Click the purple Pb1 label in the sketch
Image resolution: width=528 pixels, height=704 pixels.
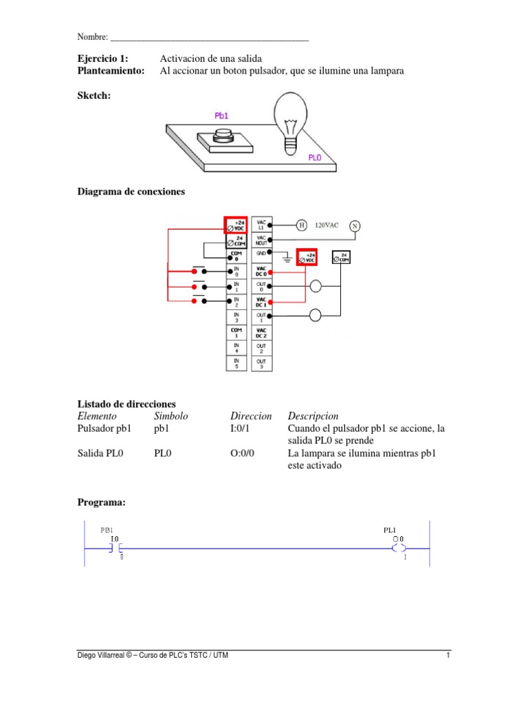pos(221,117)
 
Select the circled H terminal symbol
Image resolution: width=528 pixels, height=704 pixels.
pos(300,225)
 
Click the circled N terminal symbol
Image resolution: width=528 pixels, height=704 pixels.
pos(355,225)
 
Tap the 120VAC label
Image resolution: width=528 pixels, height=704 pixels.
pos(328,225)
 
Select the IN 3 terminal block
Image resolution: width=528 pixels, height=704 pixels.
pos(236,317)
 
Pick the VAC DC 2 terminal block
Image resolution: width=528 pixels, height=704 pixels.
pos(261,332)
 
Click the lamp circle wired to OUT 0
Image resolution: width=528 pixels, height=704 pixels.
pos(316,287)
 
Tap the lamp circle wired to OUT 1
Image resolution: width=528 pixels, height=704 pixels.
pos(316,316)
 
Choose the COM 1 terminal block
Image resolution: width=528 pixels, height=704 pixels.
pos(236,332)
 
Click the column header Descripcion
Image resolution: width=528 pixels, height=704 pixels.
pos(313,417)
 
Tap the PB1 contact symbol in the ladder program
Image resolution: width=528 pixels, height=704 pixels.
pos(114,548)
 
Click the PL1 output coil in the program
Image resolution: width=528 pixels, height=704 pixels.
pos(398,548)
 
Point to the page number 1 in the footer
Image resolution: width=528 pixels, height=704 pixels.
pos(447,655)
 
